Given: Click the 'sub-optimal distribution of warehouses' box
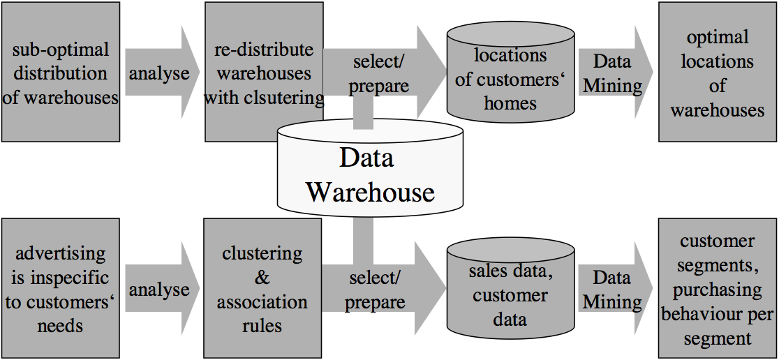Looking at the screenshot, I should [60, 72].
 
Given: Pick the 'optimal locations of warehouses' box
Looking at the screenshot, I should [718, 72].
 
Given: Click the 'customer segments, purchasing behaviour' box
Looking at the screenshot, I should [718, 289].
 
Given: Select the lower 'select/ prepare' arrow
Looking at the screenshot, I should [380, 289].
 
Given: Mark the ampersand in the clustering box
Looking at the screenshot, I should [262, 278].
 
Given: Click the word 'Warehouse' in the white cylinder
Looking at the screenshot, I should [370, 192].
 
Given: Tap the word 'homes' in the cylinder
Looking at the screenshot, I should [510, 104].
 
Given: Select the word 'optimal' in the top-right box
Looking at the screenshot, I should [718, 37].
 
